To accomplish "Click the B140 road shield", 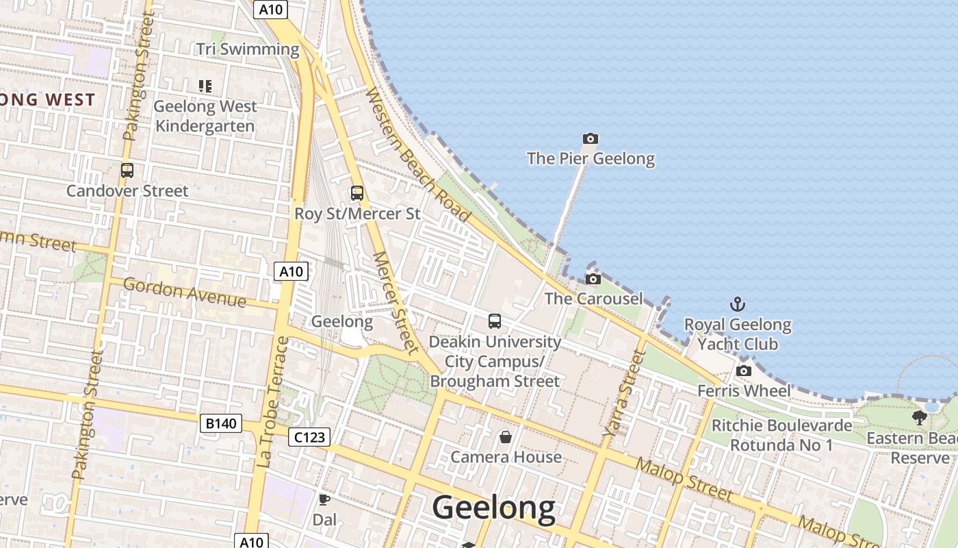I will (221, 423).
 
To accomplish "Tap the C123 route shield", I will (309, 436).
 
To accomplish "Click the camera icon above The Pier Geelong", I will (590, 139).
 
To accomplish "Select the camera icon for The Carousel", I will (593, 279).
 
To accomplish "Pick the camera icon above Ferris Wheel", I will (743, 371).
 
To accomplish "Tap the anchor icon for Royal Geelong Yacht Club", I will (738, 304).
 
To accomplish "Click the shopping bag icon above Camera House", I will (506, 436).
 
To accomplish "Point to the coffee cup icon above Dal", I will (324, 499).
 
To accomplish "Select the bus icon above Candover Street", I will (127, 171).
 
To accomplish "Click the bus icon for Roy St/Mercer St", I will (357, 193).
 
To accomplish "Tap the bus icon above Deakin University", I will (494, 321).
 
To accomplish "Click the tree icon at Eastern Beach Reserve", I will (919, 417).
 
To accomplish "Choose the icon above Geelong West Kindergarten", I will (205, 86).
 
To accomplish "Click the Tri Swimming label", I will (248, 49).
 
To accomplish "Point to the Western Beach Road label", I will (419, 155).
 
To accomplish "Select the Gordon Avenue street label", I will (184, 293).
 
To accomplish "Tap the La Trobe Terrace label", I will (274, 403).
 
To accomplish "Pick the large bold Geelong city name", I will (494, 508).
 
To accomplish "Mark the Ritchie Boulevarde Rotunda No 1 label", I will (781, 435).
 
